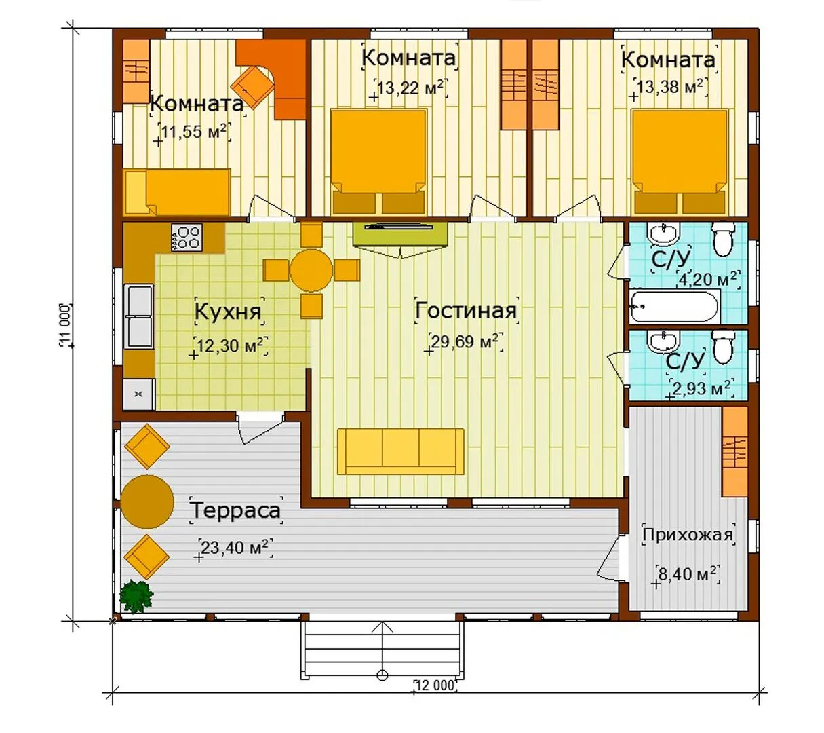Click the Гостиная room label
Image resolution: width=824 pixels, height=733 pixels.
click(x=466, y=310)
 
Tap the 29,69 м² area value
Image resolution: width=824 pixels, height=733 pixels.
click(x=465, y=341)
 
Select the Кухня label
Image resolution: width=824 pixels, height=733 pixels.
click(x=228, y=312)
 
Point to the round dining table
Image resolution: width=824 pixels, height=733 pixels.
click(x=311, y=270)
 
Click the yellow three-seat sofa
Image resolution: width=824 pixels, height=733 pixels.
click(x=401, y=451)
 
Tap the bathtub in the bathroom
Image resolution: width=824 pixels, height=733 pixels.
click(x=673, y=305)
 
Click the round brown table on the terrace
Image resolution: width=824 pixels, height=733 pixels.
click(x=147, y=502)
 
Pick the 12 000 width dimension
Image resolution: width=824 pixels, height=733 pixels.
click(x=434, y=685)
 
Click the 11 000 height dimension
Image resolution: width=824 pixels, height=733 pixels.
click(x=65, y=325)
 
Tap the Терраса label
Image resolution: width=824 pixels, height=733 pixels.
click(x=236, y=510)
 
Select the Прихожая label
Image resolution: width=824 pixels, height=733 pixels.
click(x=688, y=534)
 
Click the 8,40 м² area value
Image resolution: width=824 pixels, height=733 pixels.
click(x=687, y=574)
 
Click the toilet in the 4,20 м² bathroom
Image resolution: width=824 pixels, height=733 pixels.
click(x=724, y=240)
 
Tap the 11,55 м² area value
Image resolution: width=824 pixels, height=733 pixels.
click(x=195, y=132)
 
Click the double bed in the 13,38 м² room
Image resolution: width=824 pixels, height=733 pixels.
click(x=680, y=162)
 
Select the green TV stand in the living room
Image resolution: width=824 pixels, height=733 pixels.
click(x=400, y=234)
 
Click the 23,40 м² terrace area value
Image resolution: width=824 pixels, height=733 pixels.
click(x=235, y=548)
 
